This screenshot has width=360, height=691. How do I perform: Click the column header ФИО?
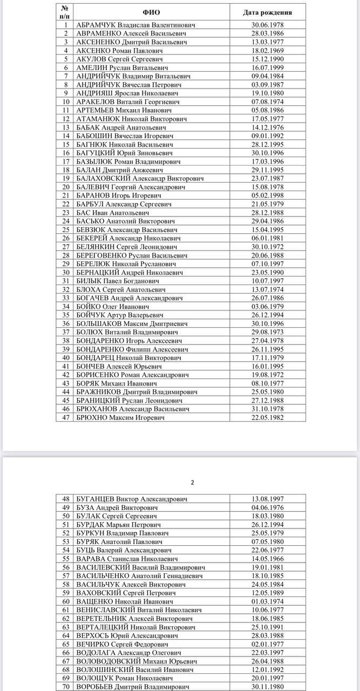pyautogui.click(x=152, y=12)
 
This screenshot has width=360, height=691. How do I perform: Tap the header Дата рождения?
pyautogui.click(x=267, y=12)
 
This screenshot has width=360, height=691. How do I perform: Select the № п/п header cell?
pyautogui.click(x=65, y=12)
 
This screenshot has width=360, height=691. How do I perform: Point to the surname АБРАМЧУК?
pyautogui.click(x=96, y=25)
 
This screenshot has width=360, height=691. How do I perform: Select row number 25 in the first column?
pyautogui.click(x=66, y=229)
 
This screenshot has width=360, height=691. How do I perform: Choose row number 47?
pyautogui.click(x=66, y=417)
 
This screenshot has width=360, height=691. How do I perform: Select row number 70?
pyautogui.click(x=66, y=687)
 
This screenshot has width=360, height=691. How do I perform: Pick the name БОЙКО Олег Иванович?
pyautogui.click(x=110, y=306)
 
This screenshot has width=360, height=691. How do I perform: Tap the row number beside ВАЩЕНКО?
pyautogui.click(x=66, y=601)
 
